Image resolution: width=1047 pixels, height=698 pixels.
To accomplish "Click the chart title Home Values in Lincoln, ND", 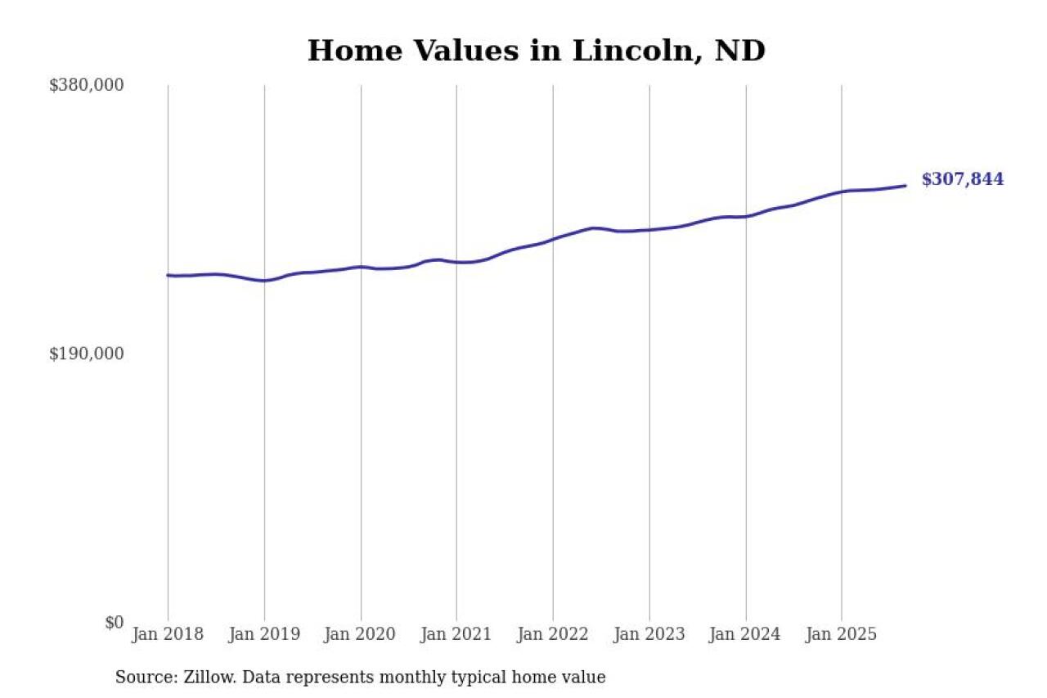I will [x=536, y=51].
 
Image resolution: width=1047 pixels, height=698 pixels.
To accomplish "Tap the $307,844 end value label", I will [x=962, y=180].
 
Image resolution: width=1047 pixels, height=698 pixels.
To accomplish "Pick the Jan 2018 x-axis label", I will [x=168, y=634].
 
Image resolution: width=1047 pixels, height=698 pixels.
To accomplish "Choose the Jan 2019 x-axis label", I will [x=264, y=634].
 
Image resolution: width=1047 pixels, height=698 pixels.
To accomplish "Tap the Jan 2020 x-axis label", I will [x=361, y=634].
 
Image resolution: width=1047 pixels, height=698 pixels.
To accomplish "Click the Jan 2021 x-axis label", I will [x=456, y=634].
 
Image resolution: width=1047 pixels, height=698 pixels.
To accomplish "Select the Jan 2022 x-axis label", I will [x=553, y=634].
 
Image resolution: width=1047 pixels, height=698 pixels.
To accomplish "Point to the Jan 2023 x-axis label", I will [x=649, y=634].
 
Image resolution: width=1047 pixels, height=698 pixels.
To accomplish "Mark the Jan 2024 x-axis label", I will [x=745, y=634].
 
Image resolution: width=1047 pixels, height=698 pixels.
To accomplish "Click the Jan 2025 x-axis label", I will [x=842, y=634].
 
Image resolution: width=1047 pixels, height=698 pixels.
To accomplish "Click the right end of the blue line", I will [x=905, y=186].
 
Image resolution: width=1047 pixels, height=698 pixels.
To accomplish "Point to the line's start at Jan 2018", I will [x=169, y=275].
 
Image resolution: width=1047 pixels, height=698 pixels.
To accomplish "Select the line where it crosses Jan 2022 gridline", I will [x=553, y=239].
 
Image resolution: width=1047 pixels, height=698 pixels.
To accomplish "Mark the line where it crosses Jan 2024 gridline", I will [x=745, y=217].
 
